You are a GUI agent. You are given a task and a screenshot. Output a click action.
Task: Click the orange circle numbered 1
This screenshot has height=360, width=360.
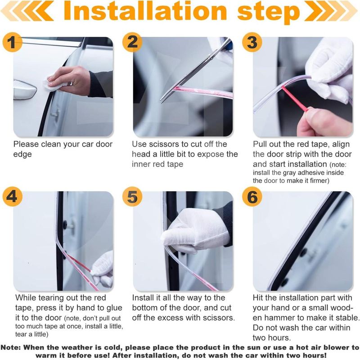coord(13,42)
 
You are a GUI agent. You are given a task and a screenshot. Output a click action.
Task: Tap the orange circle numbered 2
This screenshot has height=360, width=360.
coord(132,42)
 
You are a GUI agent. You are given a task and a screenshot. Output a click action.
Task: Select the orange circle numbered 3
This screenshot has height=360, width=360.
coord(252,42)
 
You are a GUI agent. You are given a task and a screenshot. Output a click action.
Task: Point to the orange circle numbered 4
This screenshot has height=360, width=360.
coord(13,197)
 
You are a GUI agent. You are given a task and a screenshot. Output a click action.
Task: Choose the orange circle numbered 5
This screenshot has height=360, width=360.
coord(132,197)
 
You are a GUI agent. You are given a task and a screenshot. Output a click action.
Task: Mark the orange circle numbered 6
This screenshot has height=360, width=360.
coord(252,197)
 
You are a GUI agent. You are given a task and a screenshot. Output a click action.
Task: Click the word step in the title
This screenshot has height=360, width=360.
coord(269,13)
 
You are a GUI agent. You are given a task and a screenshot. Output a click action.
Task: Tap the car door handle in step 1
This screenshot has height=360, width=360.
coord(25,90)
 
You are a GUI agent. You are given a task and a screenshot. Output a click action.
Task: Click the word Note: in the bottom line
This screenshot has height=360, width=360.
coord(11,347)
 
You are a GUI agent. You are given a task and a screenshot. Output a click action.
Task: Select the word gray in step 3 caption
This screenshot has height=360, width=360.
coord(290,173)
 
